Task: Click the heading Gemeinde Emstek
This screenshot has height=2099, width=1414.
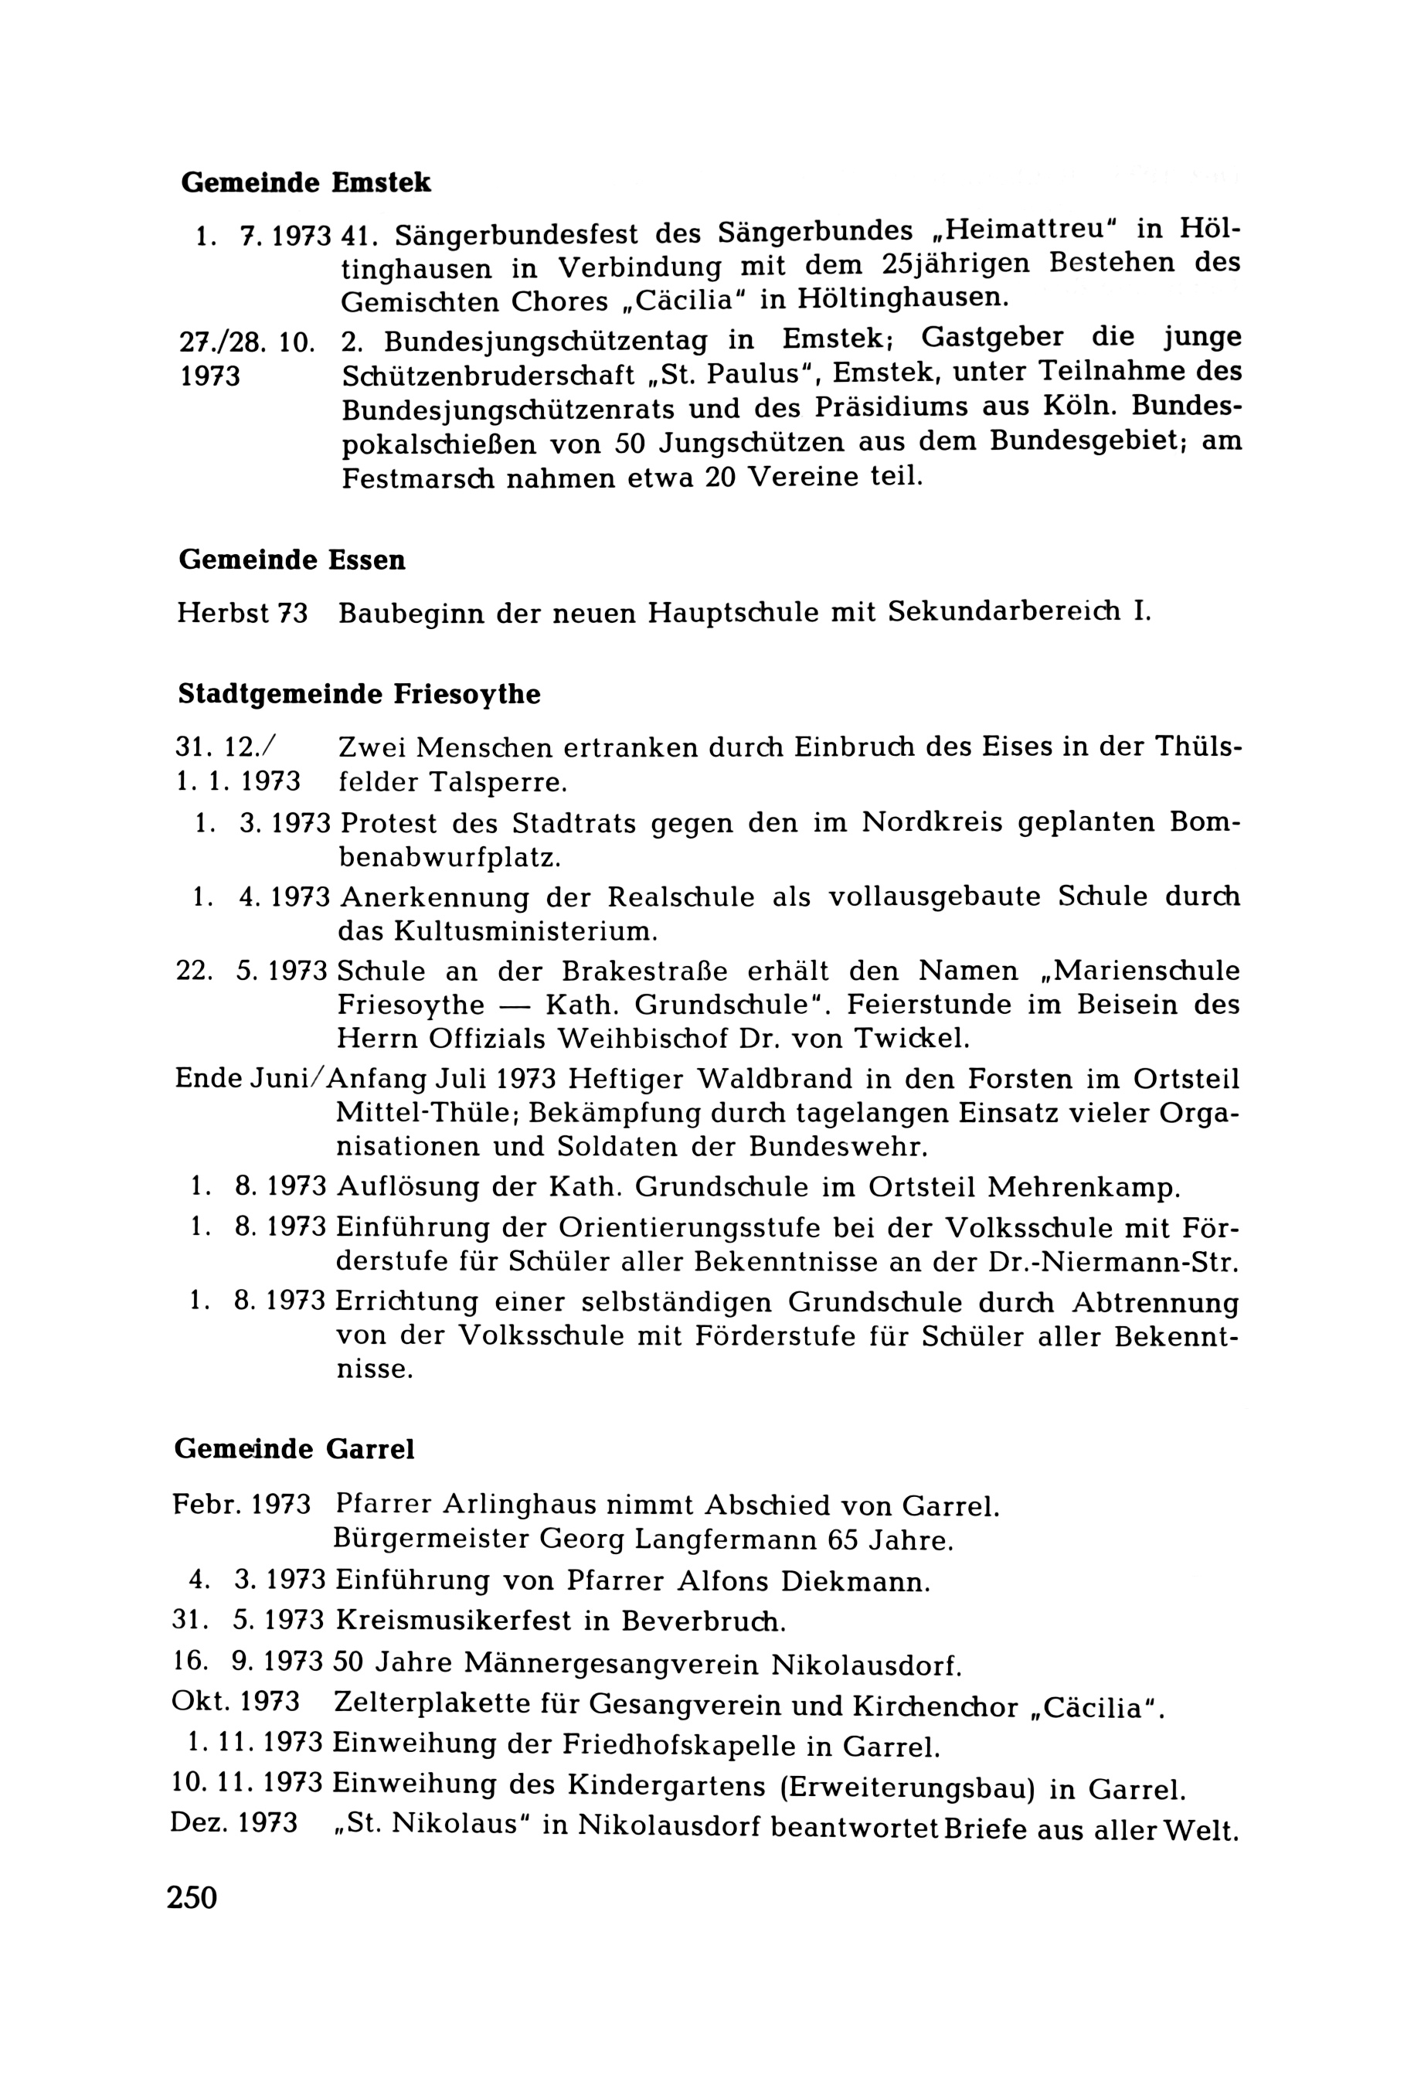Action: pyautogui.click(x=306, y=183)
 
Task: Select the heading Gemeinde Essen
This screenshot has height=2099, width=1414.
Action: pyautogui.click(x=292, y=560)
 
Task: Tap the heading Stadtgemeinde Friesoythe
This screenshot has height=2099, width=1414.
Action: pyautogui.click(x=359, y=695)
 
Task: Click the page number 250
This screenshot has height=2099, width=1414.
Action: pyautogui.click(x=192, y=1899)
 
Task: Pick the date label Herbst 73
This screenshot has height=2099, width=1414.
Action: pyautogui.click(x=242, y=614)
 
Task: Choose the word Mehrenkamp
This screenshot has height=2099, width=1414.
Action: pyautogui.click(x=1084, y=1188)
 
